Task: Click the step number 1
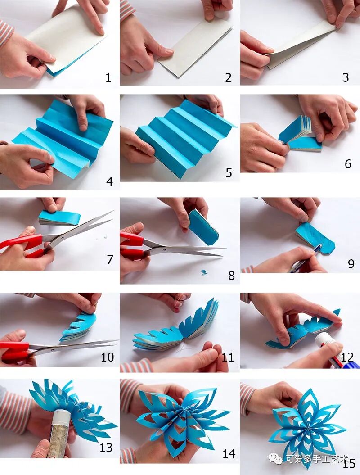(108, 78)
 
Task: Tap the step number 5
(229, 173)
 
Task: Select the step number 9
(351, 263)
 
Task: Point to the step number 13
(106, 448)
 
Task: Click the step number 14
(229, 454)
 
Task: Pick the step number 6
(348, 164)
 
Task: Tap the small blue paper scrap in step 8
(203, 272)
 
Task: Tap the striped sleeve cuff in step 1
(6, 33)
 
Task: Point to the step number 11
(228, 357)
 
